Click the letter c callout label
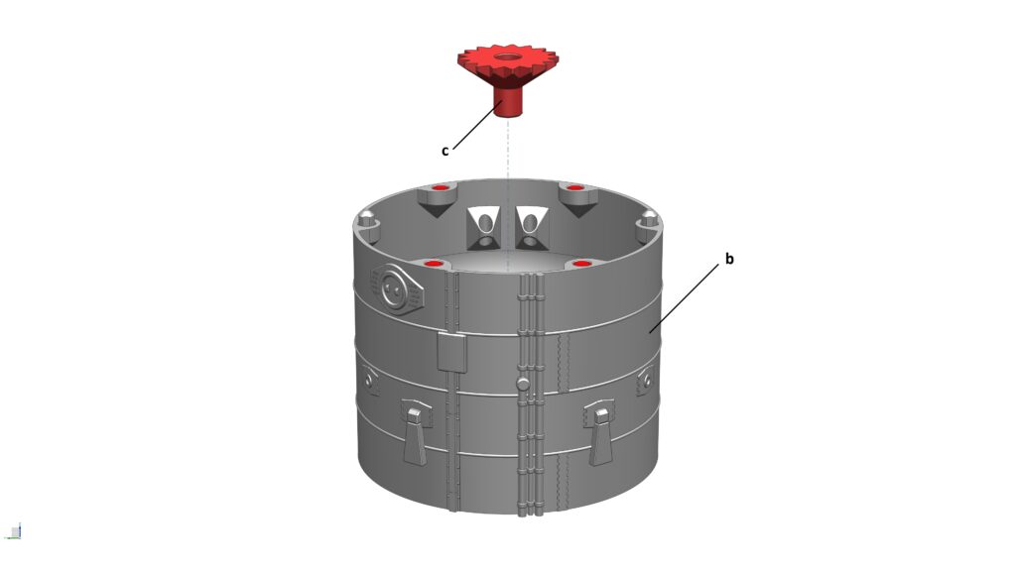[445, 151]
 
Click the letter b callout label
[729, 259]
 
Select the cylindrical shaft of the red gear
[507, 102]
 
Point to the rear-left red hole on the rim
[441, 188]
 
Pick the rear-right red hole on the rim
[575, 188]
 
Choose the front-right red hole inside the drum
[581, 264]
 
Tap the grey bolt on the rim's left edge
[367, 219]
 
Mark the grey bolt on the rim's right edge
[648, 222]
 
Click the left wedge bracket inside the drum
[483, 229]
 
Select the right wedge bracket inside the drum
[532, 229]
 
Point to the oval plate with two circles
[397, 288]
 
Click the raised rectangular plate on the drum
[451, 352]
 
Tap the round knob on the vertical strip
[523, 384]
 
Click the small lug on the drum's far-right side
[645, 380]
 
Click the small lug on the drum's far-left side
[369, 380]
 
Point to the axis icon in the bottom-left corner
[14, 531]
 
